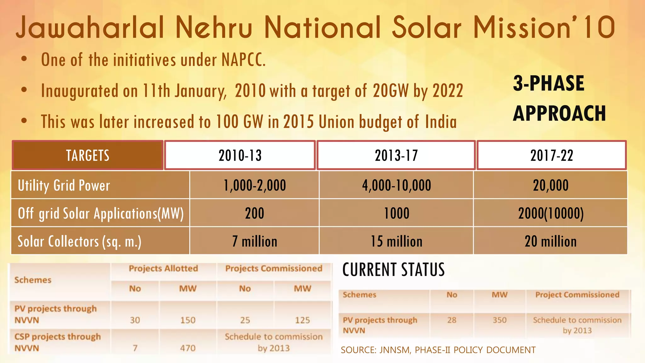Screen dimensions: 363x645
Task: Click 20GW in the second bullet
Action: (391, 91)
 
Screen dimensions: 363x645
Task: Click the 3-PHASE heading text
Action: (548, 84)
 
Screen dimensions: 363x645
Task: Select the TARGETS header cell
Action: (88, 155)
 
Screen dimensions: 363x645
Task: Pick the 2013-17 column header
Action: (396, 155)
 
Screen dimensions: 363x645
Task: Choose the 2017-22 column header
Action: (551, 155)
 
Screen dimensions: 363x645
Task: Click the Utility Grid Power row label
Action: (64, 185)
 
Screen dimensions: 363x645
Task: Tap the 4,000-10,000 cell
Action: (396, 185)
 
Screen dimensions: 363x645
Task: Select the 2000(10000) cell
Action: (551, 213)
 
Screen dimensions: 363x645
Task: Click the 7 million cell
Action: (254, 241)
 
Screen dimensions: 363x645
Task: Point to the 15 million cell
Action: (396, 241)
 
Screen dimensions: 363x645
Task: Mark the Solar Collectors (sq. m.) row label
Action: (79, 241)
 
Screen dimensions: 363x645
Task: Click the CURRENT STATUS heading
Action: (393, 270)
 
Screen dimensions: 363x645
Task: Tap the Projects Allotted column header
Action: (163, 268)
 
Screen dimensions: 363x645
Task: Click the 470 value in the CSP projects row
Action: (188, 348)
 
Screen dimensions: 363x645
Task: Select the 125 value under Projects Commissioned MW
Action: (302, 320)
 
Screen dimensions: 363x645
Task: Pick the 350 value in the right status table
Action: (499, 320)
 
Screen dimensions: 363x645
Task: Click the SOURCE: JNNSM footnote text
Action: (438, 350)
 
